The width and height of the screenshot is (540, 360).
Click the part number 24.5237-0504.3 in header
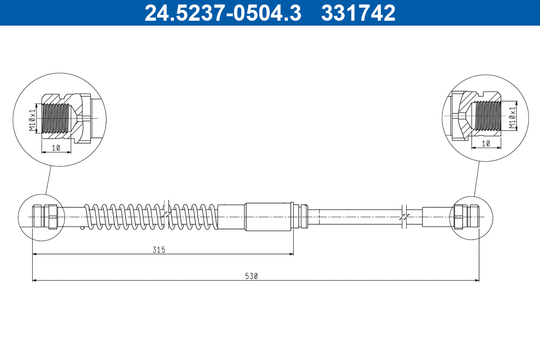click(222, 13)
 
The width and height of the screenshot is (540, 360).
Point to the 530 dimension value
click(252, 276)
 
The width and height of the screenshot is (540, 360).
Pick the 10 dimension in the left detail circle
click(56, 148)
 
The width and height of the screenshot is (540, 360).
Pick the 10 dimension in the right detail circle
click(486, 144)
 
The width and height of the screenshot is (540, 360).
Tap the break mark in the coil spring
click(167, 215)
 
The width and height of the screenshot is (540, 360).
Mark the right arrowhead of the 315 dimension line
click(291, 254)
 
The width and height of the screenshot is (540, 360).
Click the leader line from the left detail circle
click(48, 180)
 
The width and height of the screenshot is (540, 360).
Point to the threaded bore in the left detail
click(56, 118)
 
